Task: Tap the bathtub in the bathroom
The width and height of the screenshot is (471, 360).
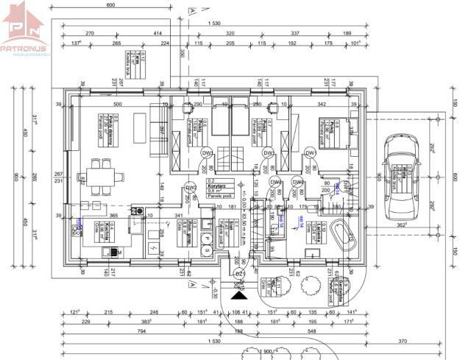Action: click(342, 235)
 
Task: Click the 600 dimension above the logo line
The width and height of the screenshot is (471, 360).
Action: click(110, 6)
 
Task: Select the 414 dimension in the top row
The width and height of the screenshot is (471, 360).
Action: click(157, 34)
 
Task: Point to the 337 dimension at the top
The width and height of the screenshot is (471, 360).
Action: click(294, 34)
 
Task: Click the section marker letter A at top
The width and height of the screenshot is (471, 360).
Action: click(191, 12)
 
